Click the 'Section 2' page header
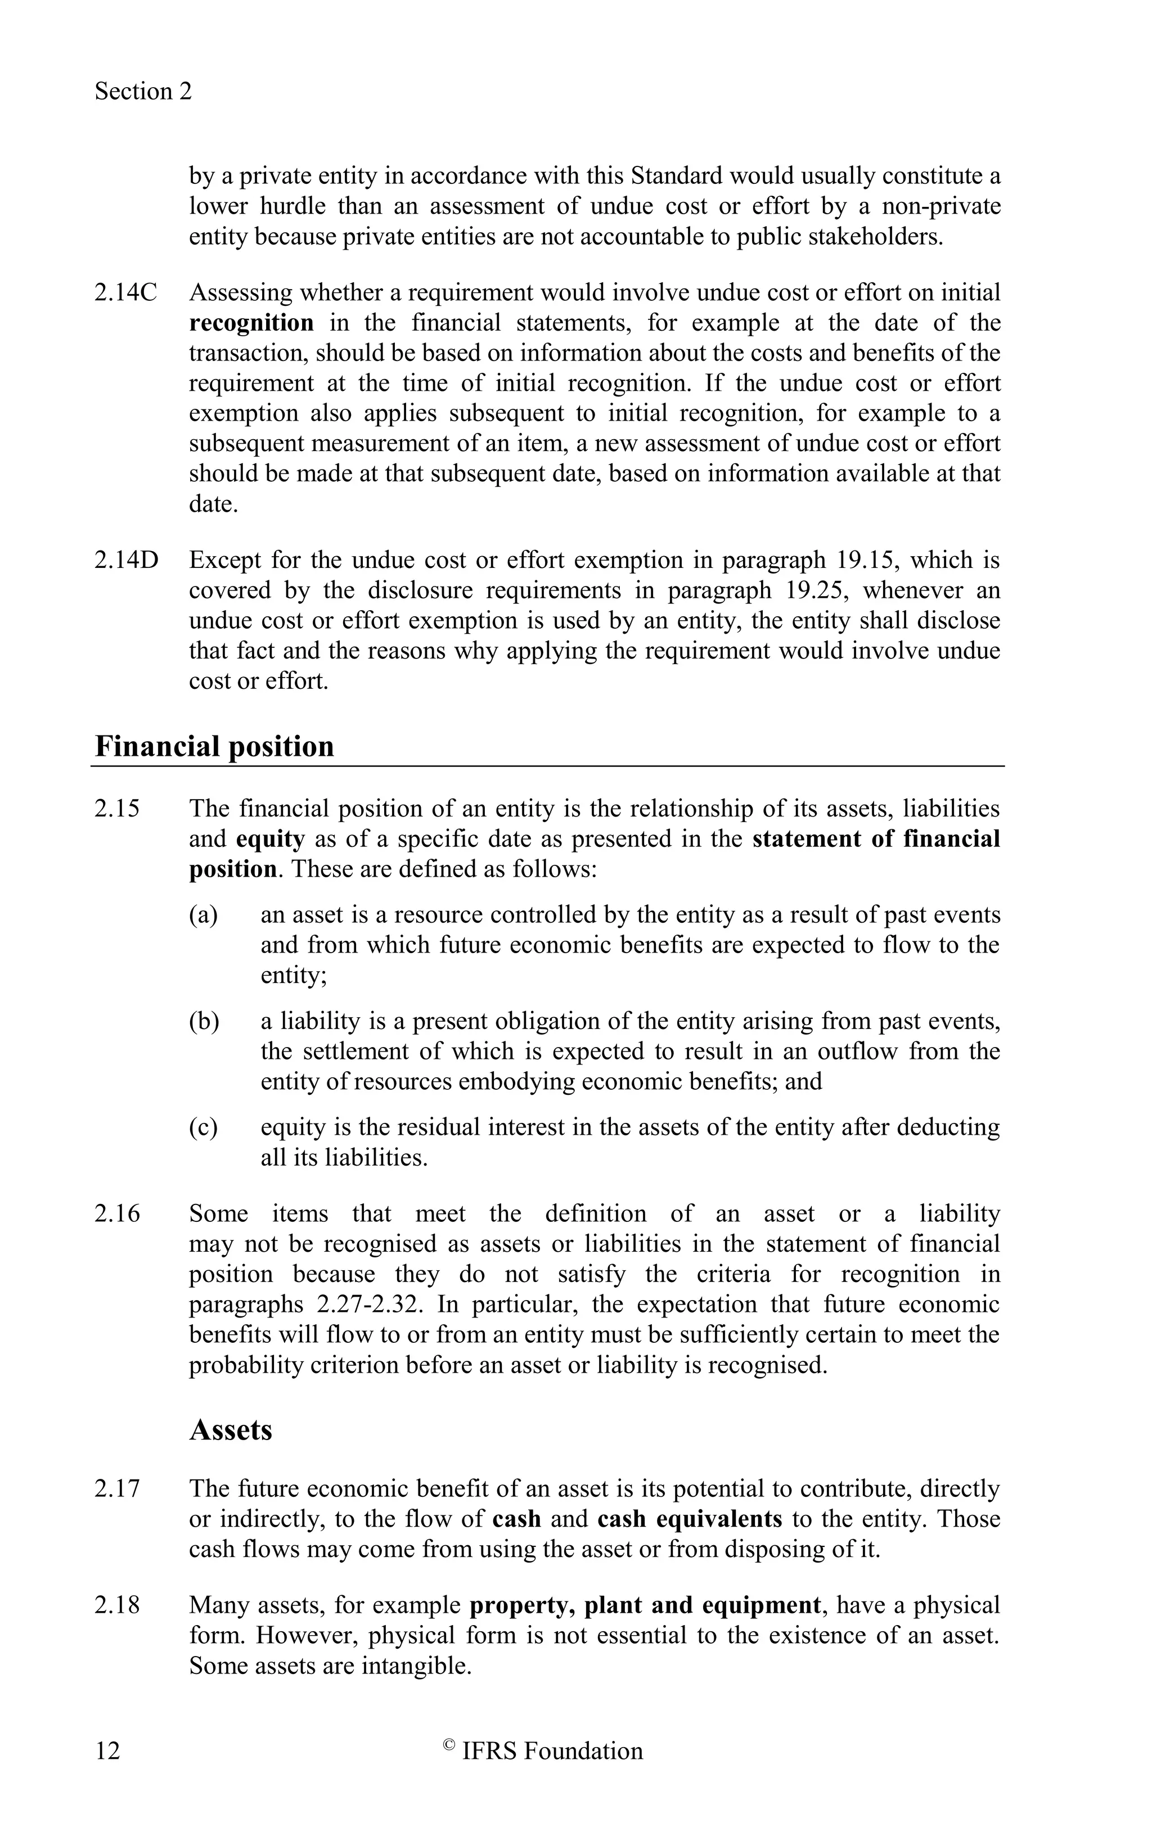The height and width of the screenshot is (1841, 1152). (143, 92)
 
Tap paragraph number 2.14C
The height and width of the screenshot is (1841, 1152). (125, 292)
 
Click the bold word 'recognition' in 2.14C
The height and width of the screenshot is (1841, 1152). (251, 323)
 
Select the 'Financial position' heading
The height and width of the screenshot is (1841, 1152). (214, 746)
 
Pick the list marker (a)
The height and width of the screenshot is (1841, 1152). (204, 915)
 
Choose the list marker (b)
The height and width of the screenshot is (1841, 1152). (204, 1021)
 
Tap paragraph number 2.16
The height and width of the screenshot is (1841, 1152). (118, 1213)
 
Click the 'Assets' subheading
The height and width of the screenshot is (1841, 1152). (230, 1430)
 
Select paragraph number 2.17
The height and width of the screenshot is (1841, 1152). (118, 1488)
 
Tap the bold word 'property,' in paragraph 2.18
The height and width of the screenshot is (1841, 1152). (523, 1605)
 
